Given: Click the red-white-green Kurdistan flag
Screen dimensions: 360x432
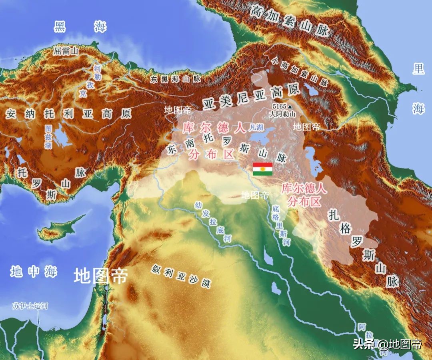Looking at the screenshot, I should (x=262, y=169).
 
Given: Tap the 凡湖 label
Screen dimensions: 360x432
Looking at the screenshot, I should (x=256, y=128).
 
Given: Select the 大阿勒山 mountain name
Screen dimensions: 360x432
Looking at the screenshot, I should (x=282, y=114).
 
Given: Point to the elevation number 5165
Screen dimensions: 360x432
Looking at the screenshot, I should (x=279, y=107).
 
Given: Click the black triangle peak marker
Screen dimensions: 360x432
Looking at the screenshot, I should (x=290, y=107).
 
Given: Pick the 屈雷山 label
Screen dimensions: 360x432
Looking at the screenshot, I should (x=66, y=51).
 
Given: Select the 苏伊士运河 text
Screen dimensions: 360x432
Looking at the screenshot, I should (x=30, y=306).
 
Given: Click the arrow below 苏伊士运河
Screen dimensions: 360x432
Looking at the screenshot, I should (x=38, y=318).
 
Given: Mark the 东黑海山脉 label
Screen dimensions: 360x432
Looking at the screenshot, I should (x=176, y=79).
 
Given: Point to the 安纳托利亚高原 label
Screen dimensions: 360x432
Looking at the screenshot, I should (x=68, y=114).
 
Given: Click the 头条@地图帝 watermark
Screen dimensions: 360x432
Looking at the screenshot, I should (x=387, y=344).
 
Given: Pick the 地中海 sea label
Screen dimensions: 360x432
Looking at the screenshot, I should (x=34, y=272).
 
